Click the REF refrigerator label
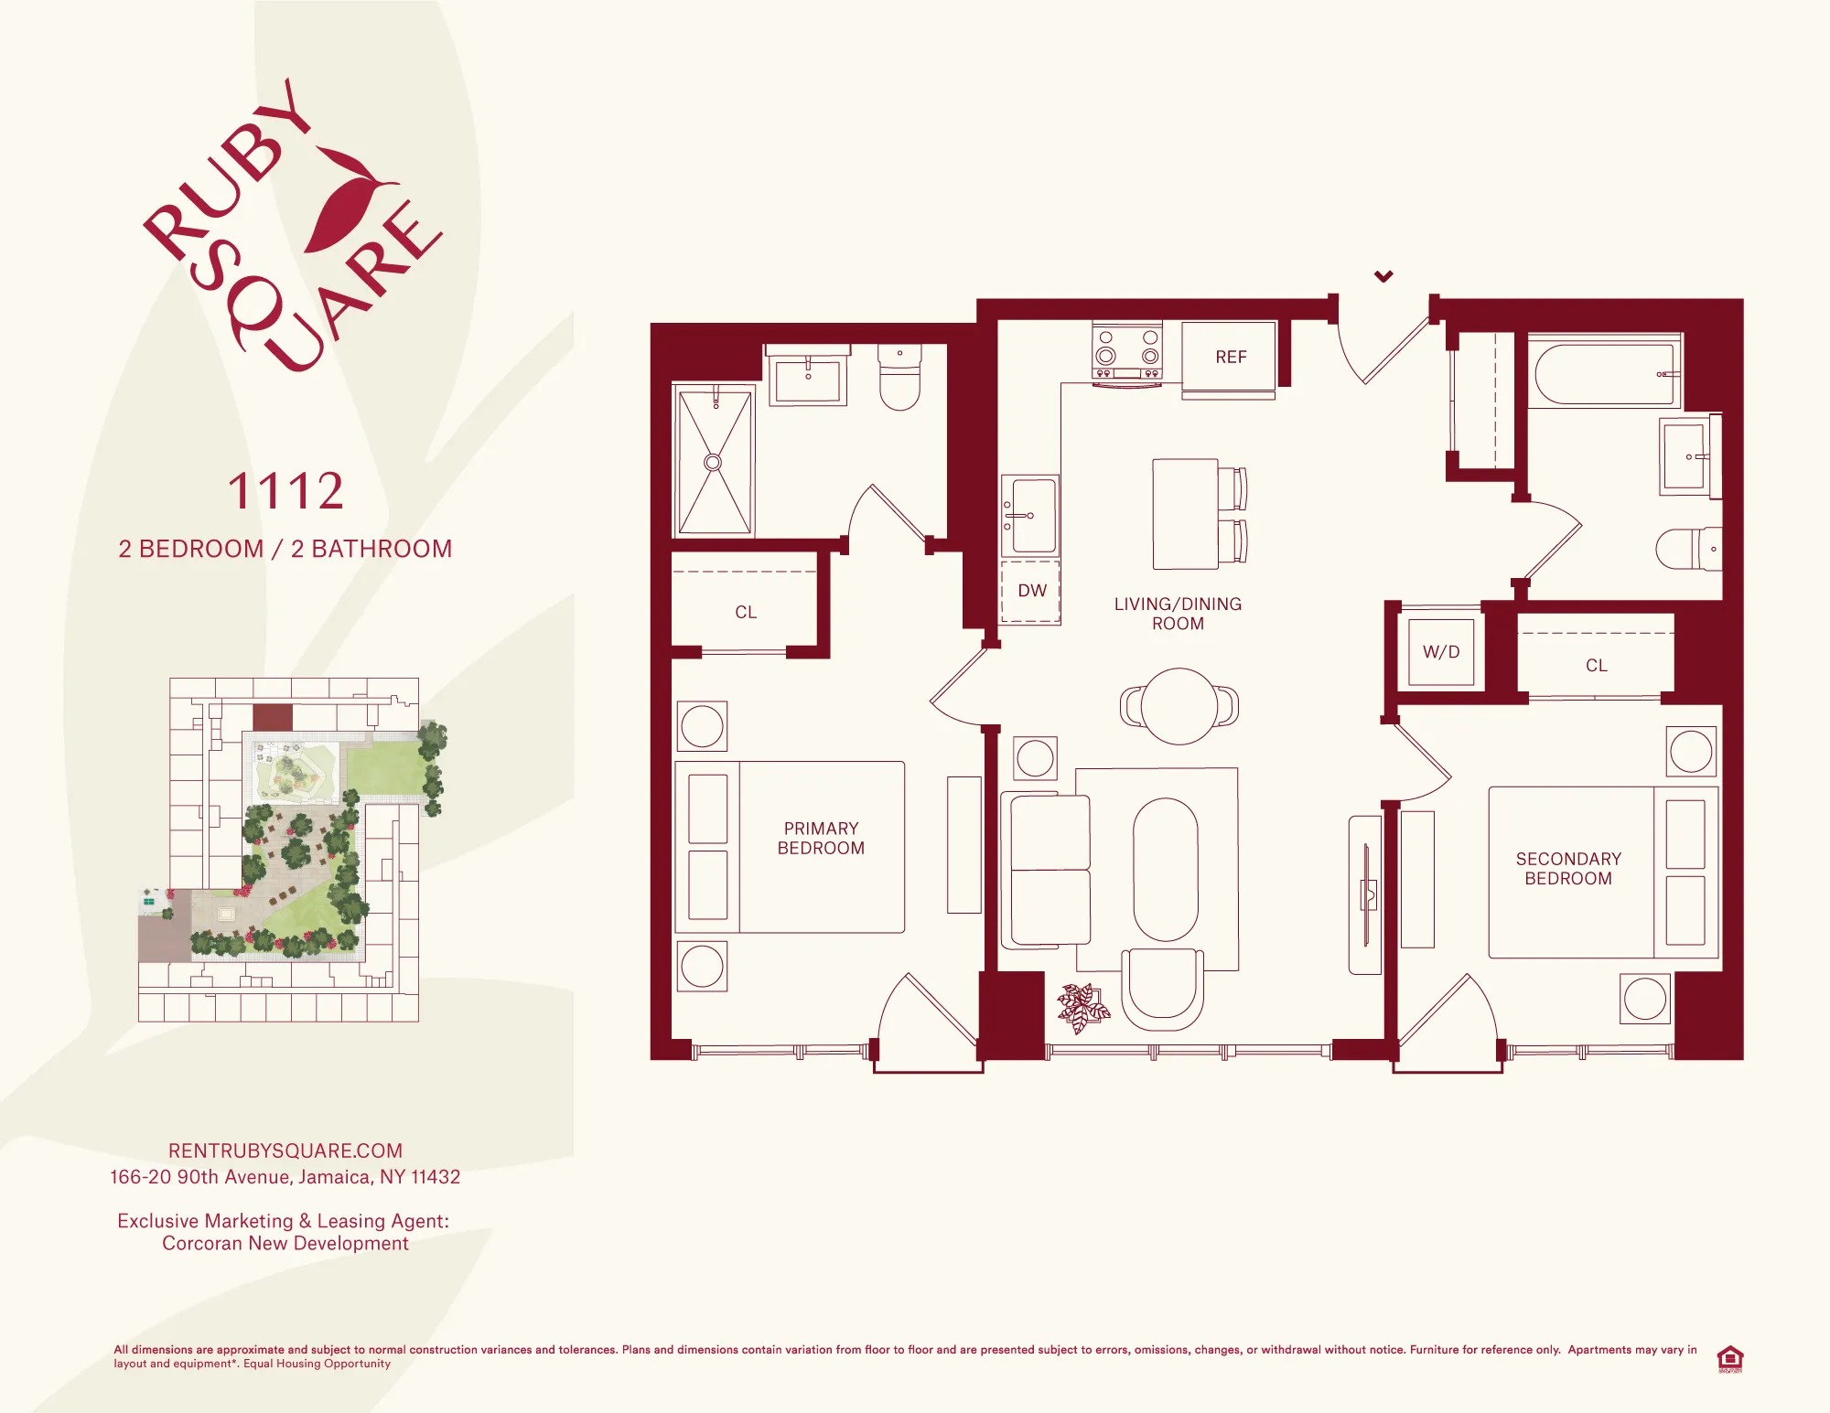(1231, 357)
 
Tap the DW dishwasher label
(1032, 591)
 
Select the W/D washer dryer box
(1441, 652)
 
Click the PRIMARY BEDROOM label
(821, 838)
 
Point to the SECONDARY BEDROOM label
(1568, 869)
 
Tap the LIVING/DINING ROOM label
(1178, 614)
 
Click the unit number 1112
(285, 491)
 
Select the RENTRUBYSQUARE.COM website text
(285, 1151)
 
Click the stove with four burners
(1127, 352)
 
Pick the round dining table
(1179, 706)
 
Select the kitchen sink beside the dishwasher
(1031, 516)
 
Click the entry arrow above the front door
(1383, 275)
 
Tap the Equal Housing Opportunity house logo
(1729, 1358)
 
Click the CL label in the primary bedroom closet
(746, 613)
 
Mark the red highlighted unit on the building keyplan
(272, 717)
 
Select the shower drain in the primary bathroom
(713, 463)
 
